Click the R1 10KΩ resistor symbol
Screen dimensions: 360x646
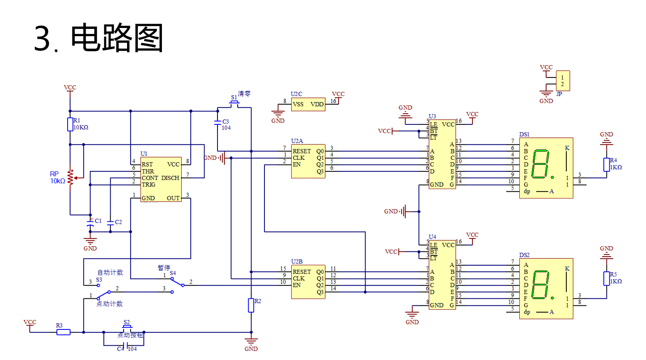pyautogui.click(x=70, y=124)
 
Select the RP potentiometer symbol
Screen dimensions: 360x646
pyautogui.click(x=70, y=177)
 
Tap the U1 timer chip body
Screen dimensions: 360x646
pyautogui.click(x=161, y=180)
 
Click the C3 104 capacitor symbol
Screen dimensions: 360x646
pyautogui.click(x=217, y=123)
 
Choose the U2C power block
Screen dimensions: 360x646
pyautogui.click(x=308, y=104)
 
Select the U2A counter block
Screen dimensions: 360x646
pyautogui.click(x=308, y=161)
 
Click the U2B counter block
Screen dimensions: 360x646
pyautogui.click(x=308, y=282)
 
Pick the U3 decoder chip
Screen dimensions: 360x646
pyautogui.click(x=442, y=154)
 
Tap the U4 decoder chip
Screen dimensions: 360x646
pyautogui.click(x=442, y=275)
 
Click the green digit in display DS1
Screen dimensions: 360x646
pyautogui.click(x=540, y=164)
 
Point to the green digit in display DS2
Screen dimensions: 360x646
pyautogui.click(x=540, y=285)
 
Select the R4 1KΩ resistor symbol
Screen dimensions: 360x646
pyautogui.click(x=606, y=164)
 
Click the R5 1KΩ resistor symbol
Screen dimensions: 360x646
pyautogui.click(x=606, y=279)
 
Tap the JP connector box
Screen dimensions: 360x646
pyautogui.click(x=563, y=81)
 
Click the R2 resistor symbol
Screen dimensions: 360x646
pyautogui.click(x=251, y=305)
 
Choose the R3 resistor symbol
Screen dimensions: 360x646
pyautogui.click(x=64, y=332)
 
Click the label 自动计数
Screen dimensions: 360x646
pyautogui.click(x=110, y=273)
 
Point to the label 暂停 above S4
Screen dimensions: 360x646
pyautogui.click(x=164, y=268)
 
